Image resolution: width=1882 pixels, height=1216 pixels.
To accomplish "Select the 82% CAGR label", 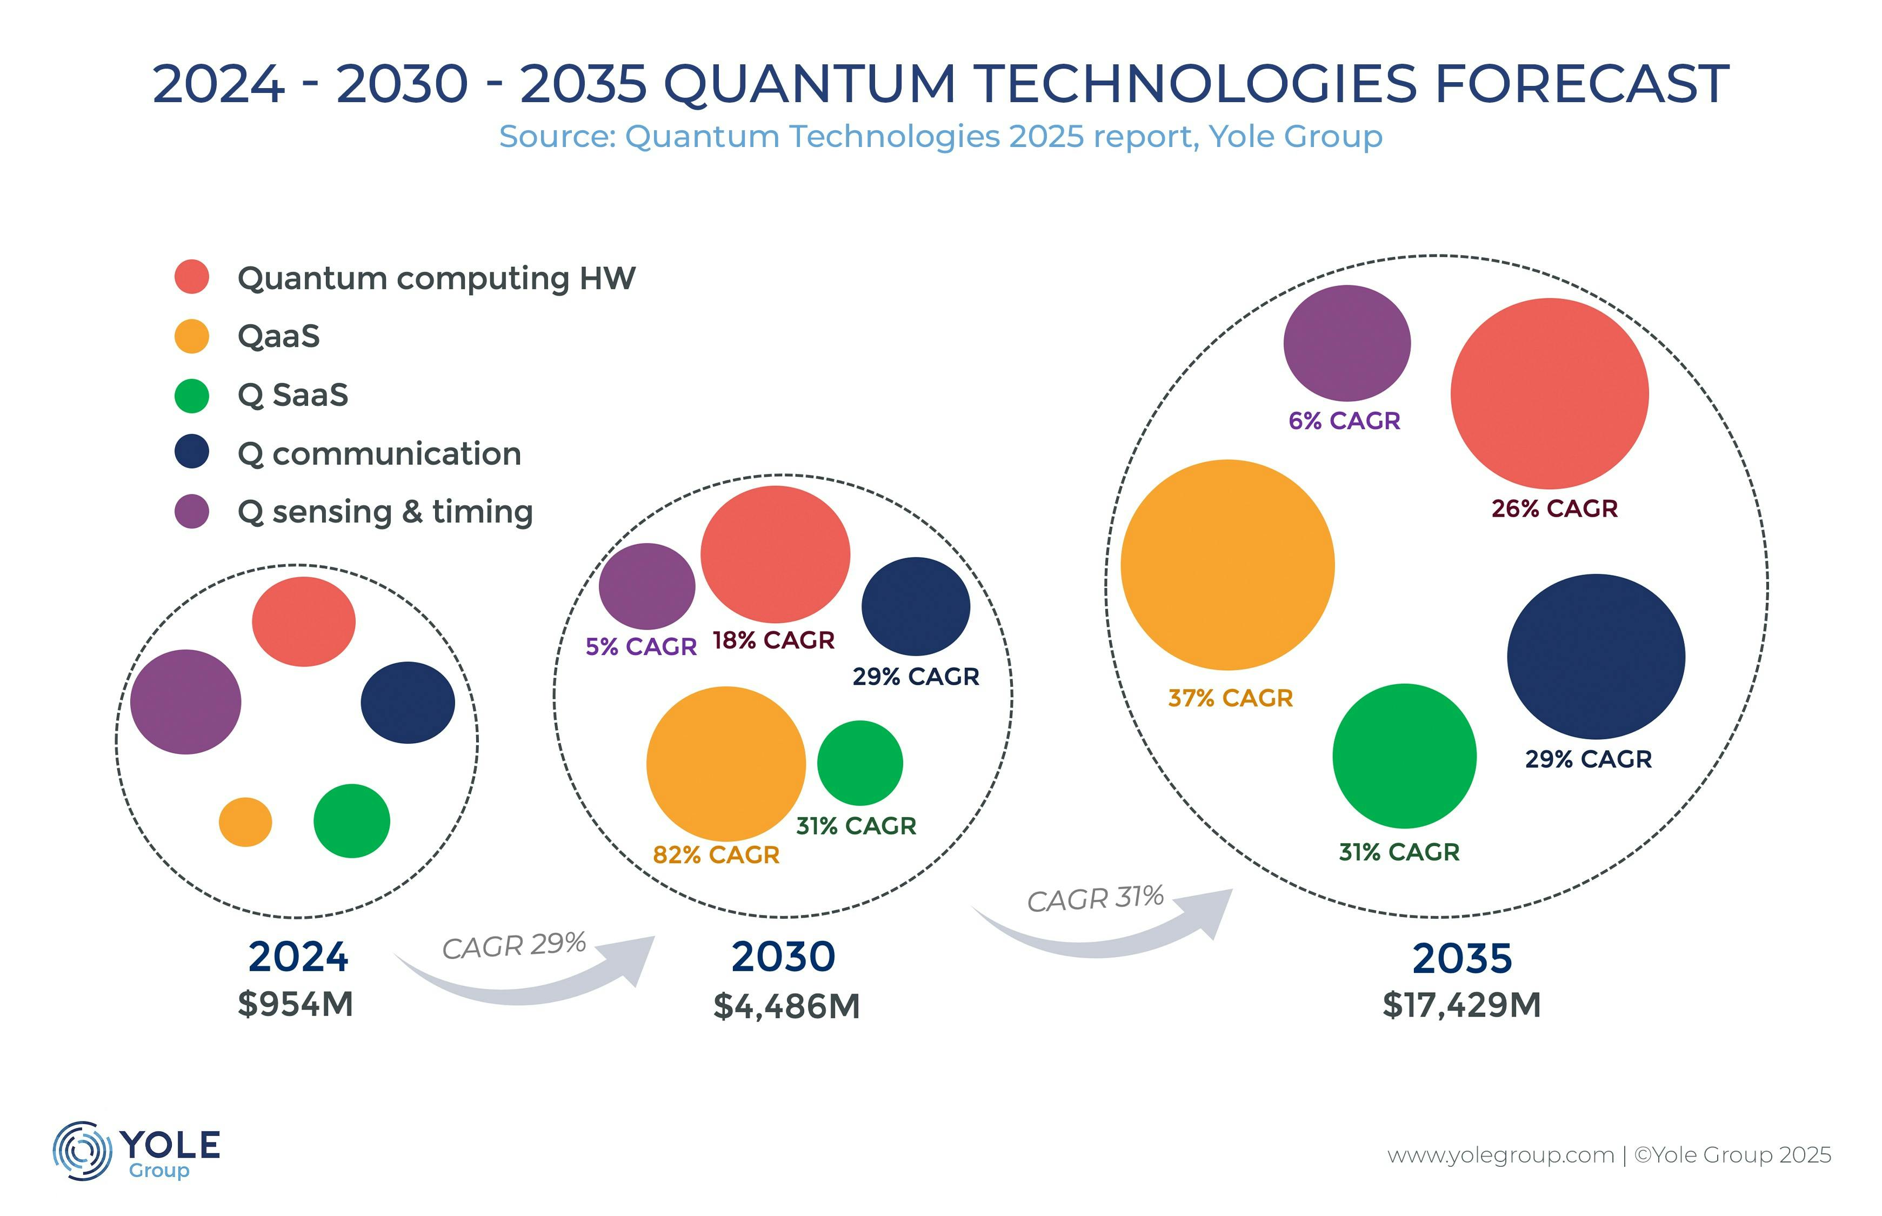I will pos(716,854).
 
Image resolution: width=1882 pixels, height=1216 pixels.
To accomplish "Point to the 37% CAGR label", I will pos(1230,698).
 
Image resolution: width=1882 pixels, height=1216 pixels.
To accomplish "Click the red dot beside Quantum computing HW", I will pos(191,276).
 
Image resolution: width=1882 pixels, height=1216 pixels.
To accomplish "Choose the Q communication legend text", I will pos(379,453).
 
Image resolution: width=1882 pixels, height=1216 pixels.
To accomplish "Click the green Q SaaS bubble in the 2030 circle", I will pos(860,763).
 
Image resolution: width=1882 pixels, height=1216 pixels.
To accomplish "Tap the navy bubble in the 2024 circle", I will pos(408,702).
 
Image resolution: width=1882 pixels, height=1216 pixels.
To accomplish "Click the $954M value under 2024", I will pos(295,1004).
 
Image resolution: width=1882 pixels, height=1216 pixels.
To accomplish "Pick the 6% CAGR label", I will pos(1344,421).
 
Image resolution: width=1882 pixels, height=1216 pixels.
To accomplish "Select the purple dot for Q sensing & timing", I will pos(191,511).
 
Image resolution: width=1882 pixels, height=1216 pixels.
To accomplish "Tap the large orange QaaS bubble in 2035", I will pos(1227,565).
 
